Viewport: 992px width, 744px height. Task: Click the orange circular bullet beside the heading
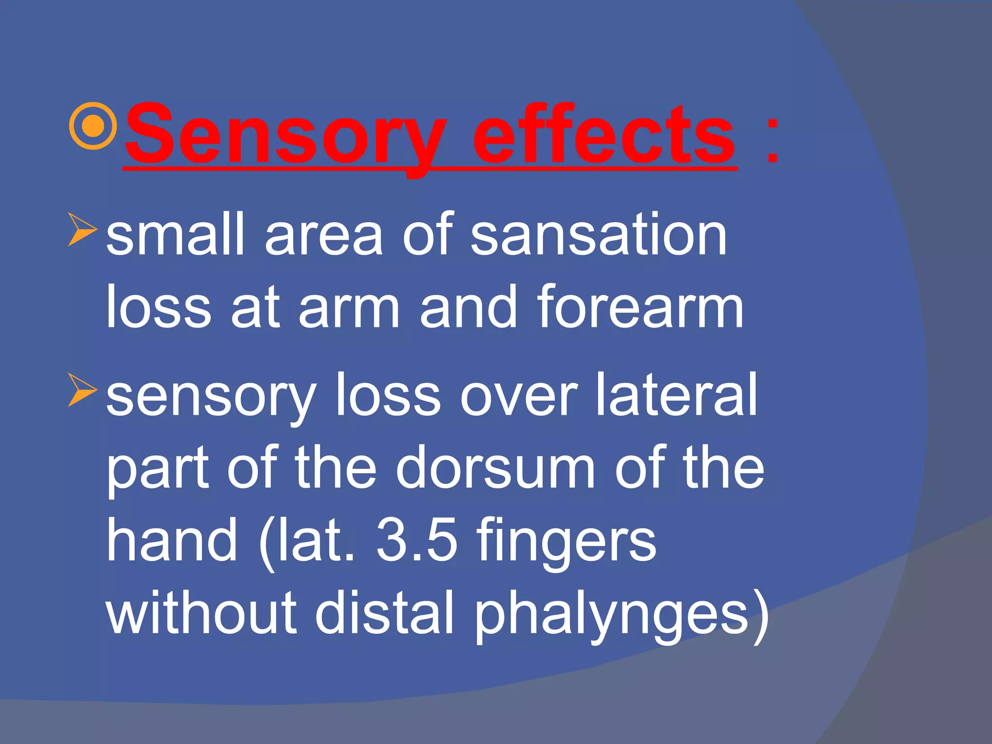click(x=93, y=126)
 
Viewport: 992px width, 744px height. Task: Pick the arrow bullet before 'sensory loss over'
click(x=82, y=389)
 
